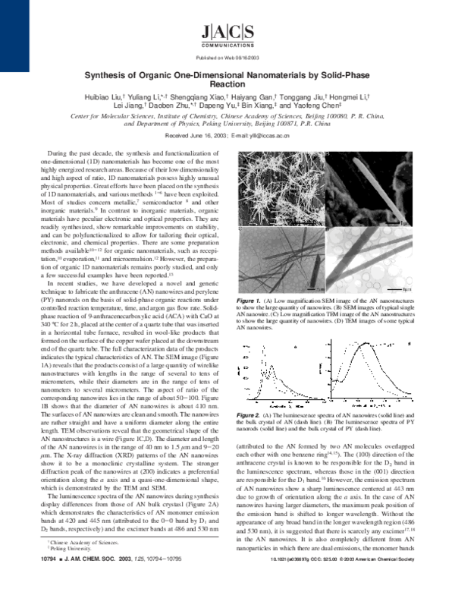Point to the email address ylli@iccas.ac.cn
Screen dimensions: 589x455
click(265, 134)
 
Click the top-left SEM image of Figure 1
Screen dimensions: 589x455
click(268, 181)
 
